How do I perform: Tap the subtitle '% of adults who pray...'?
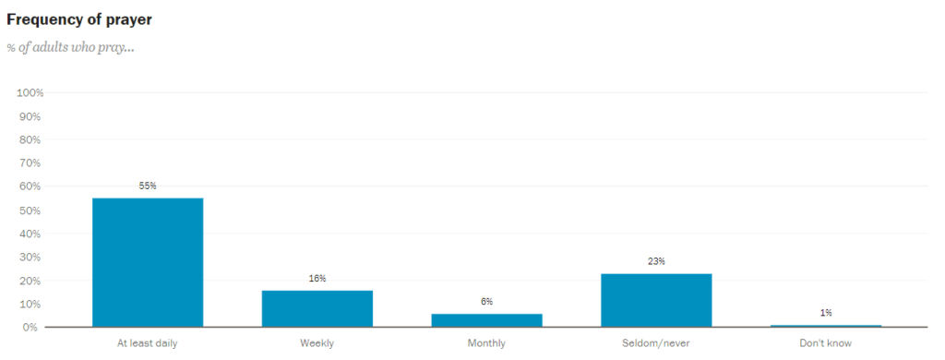70,47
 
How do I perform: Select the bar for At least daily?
148,262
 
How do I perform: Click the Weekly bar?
317,308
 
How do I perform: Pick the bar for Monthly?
486,320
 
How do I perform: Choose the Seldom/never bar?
656,300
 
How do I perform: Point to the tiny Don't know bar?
825,325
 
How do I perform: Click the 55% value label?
148,186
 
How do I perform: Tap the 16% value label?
317,278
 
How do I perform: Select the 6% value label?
486,301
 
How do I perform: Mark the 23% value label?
656,261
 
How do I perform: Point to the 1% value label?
825,313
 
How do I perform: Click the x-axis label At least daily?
148,344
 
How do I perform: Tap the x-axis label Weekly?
317,344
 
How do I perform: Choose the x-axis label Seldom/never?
656,344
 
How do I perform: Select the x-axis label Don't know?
825,344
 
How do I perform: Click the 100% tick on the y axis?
30,93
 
